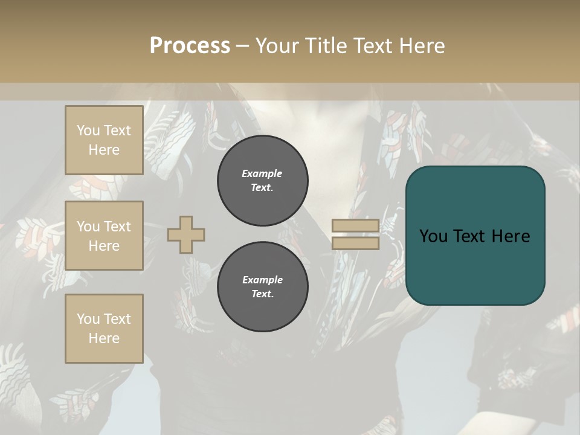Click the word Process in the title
(190, 46)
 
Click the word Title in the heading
(324, 46)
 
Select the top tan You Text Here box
(104, 140)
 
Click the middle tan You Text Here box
(104, 236)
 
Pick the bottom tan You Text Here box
(104, 329)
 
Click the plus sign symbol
(186, 234)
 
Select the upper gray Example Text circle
(263, 181)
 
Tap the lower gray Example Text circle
(263, 287)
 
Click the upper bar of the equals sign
(355, 226)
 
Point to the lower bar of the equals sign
(355, 243)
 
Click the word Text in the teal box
(474, 236)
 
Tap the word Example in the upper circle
(262, 173)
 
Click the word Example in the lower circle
(262, 280)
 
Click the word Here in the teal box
(511, 236)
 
